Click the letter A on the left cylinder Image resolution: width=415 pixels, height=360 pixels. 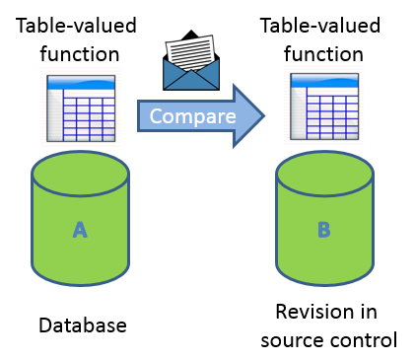[x=81, y=230]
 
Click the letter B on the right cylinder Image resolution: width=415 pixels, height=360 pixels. [x=323, y=231]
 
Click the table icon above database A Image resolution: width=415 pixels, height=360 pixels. [x=82, y=108]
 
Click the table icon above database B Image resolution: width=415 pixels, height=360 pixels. [x=323, y=107]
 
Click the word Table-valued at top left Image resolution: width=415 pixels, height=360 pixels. [x=77, y=22]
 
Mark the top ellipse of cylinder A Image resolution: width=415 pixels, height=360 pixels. [x=81, y=176]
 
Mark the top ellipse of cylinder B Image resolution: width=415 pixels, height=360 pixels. [x=323, y=177]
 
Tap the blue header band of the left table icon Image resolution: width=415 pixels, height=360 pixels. [x=82, y=82]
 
